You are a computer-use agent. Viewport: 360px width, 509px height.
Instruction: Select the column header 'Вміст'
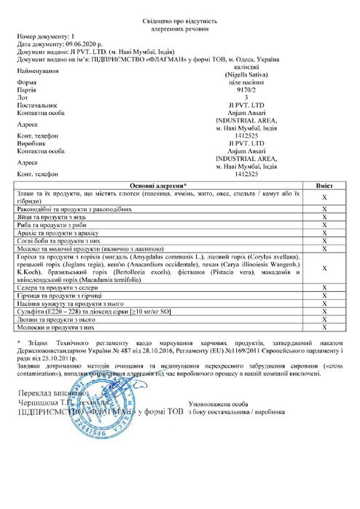pyautogui.click(x=327, y=186)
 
